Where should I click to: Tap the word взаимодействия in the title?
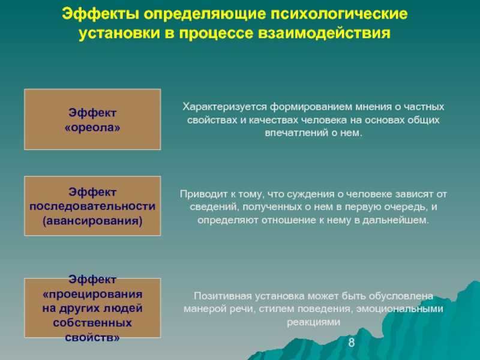(x=324, y=33)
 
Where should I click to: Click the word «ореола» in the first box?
(x=92, y=127)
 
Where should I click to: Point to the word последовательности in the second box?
(x=92, y=206)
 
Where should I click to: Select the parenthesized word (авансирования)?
(x=92, y=221)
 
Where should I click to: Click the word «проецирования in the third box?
(x=92, y=295)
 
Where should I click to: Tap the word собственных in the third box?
(x=92, y=323)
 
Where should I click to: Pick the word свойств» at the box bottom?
(x=92, y=337)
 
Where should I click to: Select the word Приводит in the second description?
(x=202, y=194)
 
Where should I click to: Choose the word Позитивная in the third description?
(x=223, y=296)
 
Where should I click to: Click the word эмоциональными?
(x=400, y=308)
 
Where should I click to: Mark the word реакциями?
(x=313, y=322)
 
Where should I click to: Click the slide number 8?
(x=352, y=342)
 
